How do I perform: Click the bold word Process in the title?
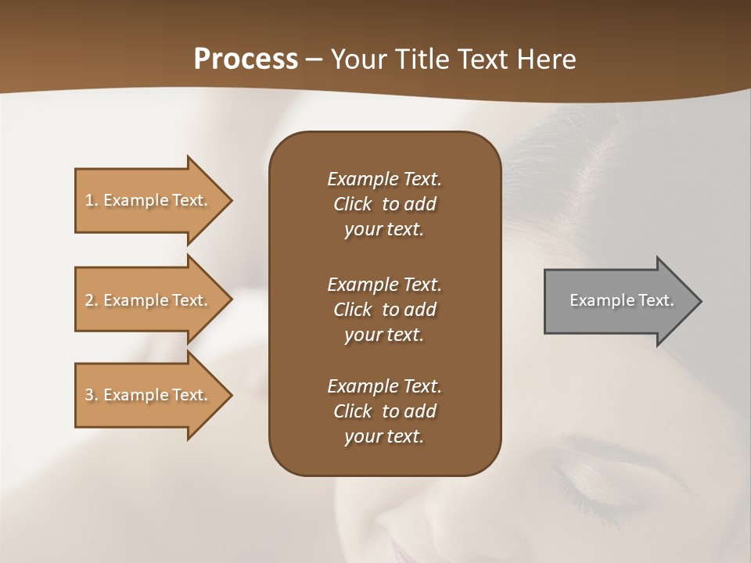[x=246, y=59]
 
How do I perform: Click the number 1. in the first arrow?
[x=92, y=200]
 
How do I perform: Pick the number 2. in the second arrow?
[x=92, y=300]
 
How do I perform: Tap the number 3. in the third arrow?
[x=92, y=395]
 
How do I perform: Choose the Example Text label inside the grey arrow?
[x=622, y=300]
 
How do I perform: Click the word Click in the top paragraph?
[x=353, y=204]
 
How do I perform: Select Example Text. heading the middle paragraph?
[x=384, y=284]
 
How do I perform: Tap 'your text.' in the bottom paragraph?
[x=384, y=436]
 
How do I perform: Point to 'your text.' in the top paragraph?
[x=384, y=229]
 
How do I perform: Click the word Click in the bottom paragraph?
[x=353, y=411]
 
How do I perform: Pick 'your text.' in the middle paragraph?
[x=384, y=335]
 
